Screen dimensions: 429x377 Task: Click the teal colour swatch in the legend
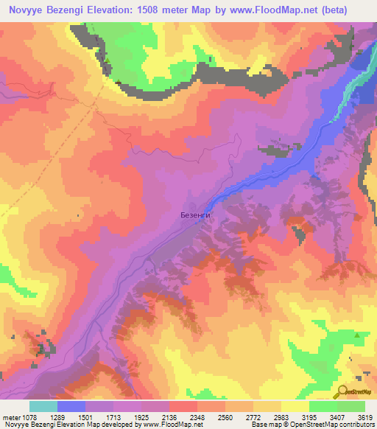pos(43,405)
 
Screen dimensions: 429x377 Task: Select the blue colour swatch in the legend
pos(71,405)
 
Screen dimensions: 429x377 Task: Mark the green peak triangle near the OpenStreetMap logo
pos(357,335)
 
